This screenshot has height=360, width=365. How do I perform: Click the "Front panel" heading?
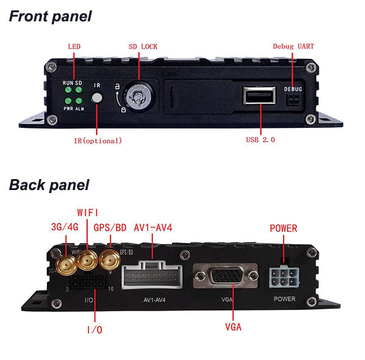pos(50,16)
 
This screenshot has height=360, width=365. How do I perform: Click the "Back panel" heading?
pos(49,185)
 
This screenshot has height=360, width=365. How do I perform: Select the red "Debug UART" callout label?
pos(293,47)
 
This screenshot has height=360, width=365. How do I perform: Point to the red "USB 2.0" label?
pos(260,140)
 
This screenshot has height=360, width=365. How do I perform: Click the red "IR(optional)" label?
pos(94,141)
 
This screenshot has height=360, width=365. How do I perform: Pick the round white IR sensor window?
pos(96,98)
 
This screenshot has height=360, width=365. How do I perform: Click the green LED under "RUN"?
pos(69,90)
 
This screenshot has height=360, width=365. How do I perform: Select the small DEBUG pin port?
pos(293,99)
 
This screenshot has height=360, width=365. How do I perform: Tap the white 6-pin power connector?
pos(284,278)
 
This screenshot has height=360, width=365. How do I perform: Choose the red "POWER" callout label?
pos(283,228)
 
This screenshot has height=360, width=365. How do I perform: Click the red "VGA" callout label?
pos(232,327)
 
